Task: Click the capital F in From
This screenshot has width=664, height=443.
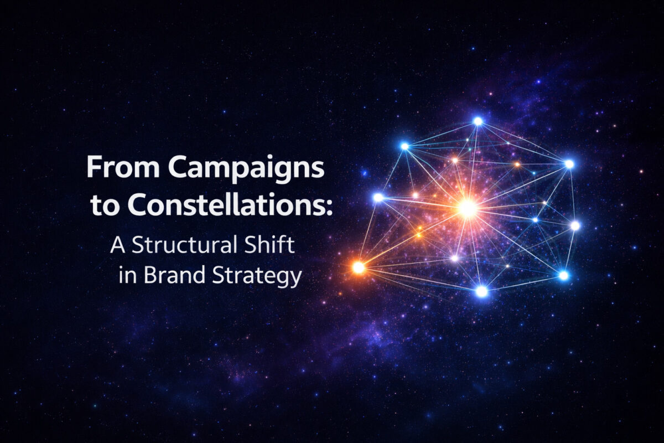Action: (x=94, y=167)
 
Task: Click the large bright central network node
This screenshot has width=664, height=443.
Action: (x=468, y=208)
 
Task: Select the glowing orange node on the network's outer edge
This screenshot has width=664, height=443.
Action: (x=359, y=267)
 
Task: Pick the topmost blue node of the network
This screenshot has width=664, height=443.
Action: (x=478, y=121)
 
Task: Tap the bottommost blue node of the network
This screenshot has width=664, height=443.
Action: (x=482, y=291)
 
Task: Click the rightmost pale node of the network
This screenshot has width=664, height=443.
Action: (x=575, y=225)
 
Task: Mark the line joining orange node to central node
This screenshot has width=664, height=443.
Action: (x=412, y=238)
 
